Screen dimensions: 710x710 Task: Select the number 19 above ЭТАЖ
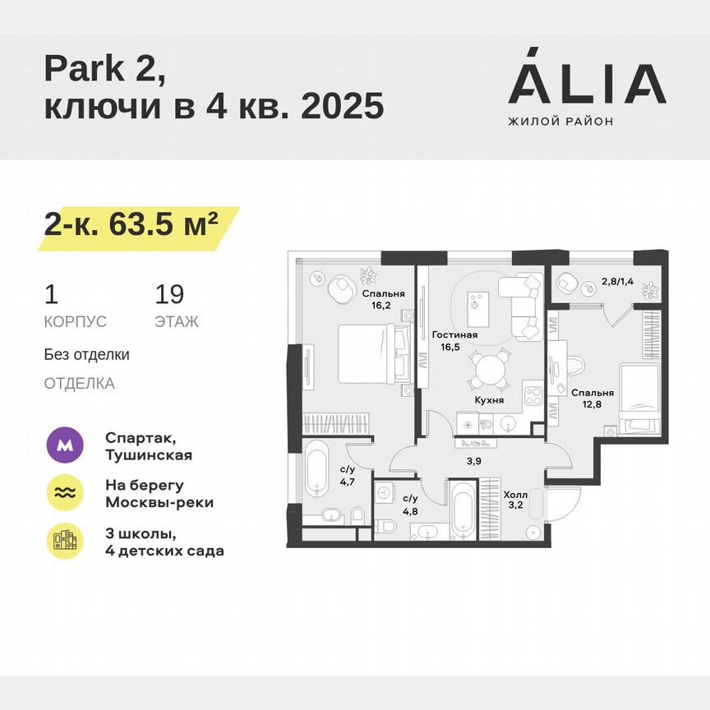169,294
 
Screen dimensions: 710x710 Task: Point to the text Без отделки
87,355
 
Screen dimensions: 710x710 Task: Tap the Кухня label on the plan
488,399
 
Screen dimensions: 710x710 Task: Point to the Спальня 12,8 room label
591,397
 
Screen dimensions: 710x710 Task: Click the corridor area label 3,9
474,461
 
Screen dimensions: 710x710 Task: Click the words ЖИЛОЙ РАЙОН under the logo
560,122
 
